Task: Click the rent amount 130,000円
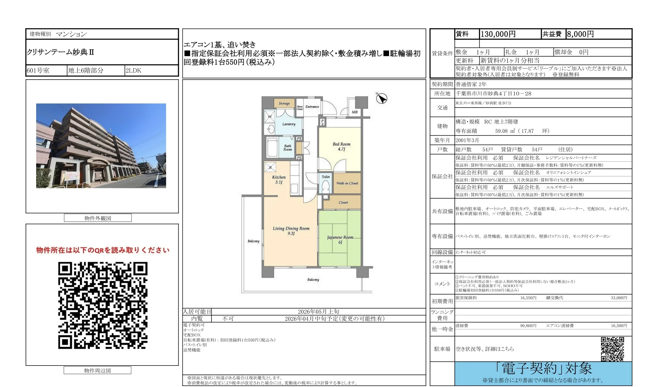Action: [498, 34]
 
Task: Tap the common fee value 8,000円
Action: [580, 34]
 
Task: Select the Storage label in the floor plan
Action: [284, 103]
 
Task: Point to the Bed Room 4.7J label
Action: [341, 146]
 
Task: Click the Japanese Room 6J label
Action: [340, 240]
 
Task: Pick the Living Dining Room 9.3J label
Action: [291, 230]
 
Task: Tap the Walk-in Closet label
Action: [347, 183]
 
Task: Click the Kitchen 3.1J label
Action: [279, 179]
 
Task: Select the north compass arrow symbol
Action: [381, 98]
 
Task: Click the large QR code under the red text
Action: [103, 305]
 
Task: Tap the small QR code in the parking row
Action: [612, 349]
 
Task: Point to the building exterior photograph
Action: [101, 146]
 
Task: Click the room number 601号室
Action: [38, 70]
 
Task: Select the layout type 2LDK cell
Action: [133, 70]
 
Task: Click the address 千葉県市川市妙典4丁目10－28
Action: [493, 93]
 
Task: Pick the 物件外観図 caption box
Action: [98, 218]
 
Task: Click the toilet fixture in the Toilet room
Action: [326, 185]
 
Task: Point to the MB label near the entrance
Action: [355, 112]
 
